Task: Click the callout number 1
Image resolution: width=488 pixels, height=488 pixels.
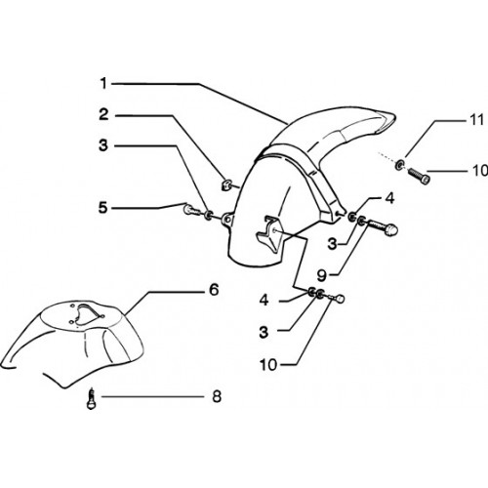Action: (103, 84)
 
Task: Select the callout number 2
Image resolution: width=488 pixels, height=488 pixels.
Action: (103, 114)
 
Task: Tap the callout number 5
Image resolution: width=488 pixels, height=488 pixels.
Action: (103, 207)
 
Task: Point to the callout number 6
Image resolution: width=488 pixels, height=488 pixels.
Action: (214, 289)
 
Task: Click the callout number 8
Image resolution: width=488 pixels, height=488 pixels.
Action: (217, 396)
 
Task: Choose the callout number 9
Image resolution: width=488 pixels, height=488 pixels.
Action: (321, 275)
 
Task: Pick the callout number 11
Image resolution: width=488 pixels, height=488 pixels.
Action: (477, 120)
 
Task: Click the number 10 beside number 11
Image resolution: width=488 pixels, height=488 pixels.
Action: (480, 171)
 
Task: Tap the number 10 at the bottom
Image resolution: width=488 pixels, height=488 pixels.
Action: (268, 365)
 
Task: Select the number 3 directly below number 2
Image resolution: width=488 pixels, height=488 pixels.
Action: (103, 145)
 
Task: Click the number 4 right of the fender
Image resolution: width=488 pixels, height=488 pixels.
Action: (389, 198)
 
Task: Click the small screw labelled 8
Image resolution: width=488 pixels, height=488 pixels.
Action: (92, 398)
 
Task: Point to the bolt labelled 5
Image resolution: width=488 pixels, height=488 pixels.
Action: (191, 209)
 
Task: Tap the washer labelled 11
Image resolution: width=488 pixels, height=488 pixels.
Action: (399, 164)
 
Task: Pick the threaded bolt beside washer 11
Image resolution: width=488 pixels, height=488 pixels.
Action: (419, 176)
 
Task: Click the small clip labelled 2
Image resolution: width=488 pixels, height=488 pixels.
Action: (225, 184)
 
